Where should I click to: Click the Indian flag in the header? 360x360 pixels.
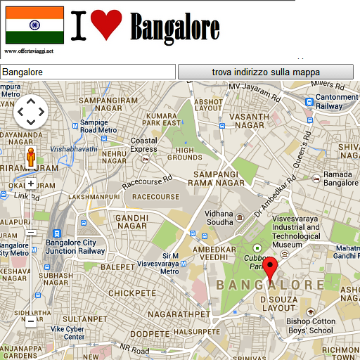[34, 25]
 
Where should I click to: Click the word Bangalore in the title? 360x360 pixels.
[175, 28]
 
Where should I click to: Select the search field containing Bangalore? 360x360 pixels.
[87, 72]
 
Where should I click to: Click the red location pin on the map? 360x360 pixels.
[273, 269]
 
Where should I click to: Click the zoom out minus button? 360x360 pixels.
[30, 321]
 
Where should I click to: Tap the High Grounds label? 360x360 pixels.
[188, 153]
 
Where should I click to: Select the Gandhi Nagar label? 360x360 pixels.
[131, 221]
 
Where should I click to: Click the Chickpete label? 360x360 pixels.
[131, 292]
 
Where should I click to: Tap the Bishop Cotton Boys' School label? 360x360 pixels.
[319, 326]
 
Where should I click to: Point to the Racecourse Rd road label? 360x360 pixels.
[146, 179]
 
